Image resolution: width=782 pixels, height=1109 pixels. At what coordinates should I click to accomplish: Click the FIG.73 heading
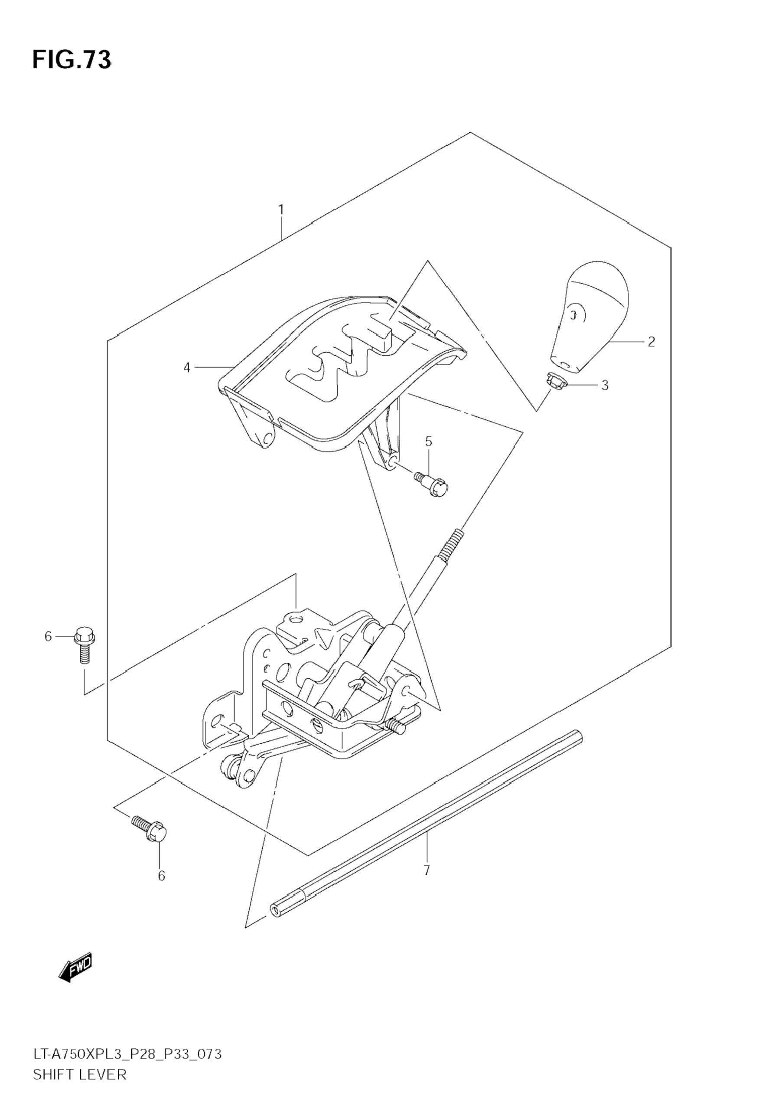72,60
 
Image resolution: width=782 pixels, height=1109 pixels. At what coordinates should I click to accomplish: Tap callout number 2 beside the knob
651,341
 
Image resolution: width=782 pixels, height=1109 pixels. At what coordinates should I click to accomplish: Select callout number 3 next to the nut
604,386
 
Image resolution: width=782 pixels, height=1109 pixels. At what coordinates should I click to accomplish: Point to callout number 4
187,368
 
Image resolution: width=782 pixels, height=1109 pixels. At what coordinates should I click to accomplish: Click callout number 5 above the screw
428,441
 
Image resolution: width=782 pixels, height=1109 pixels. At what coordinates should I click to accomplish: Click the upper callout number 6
48,637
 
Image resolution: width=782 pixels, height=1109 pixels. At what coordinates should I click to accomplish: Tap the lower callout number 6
161,876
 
